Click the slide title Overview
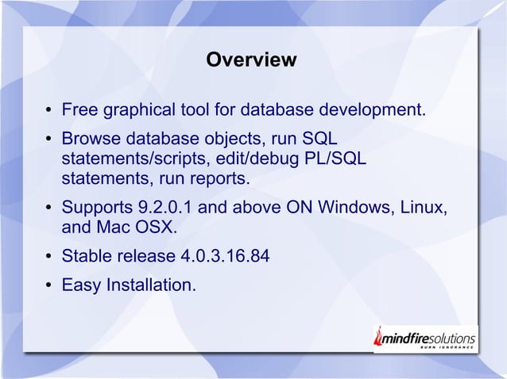pyautogui.click(x=251, y=60)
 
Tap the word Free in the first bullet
pyautogui.click(x=79, y=108)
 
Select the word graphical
pyautogui.click(x=139, y=108)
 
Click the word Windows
pyautogui.click(x=358, y=210)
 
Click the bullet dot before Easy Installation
pyautogui.click(x=49, y=284)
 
